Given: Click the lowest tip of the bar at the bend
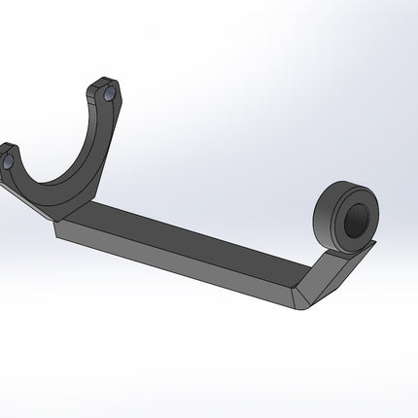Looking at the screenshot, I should (x=301, y=309).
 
